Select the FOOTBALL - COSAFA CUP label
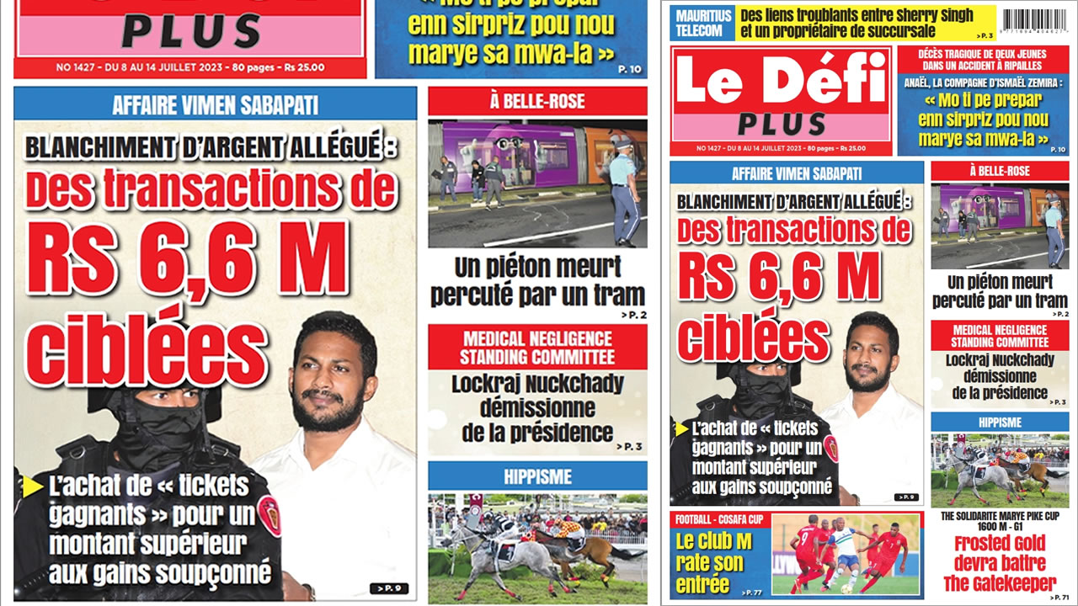[718, 519]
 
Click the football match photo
[846, 555]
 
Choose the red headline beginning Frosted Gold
[1000, 563]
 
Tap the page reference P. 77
[752, 593]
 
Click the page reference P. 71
[1058, 597]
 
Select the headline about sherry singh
[856, 23]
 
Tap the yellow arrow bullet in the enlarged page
[33, 486]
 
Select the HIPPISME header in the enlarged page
[537, 476]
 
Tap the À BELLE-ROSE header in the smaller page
[999, 171]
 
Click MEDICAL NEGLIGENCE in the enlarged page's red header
[537, 338]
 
